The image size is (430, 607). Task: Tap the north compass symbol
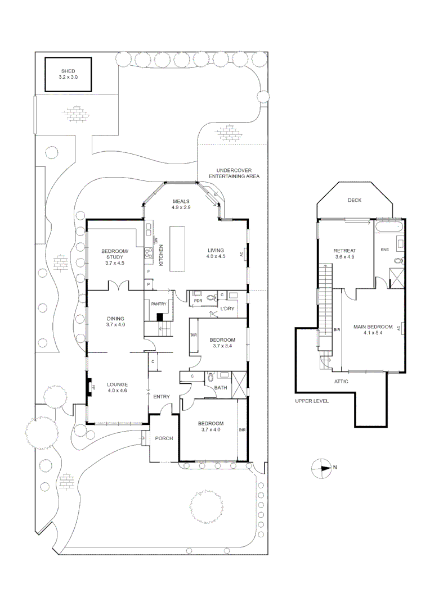(x=321, y=468)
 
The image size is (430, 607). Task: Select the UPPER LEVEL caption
(x=312, y=401)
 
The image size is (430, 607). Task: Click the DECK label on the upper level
(x=354, y=200)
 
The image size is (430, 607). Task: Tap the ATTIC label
(x=341, y=382)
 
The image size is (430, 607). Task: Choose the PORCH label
(x=164, y=439)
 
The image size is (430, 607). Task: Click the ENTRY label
(x=162, y=397)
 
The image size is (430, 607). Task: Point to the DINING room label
(x=115, y=321)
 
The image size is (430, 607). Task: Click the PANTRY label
(x=158, y=304)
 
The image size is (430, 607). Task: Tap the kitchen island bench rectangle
(x=178, y=248)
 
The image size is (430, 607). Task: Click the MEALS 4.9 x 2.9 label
(x=181, y=204)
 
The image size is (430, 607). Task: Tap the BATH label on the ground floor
(x=221, y=387)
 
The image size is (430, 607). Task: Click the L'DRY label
(x=227, y=309)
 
